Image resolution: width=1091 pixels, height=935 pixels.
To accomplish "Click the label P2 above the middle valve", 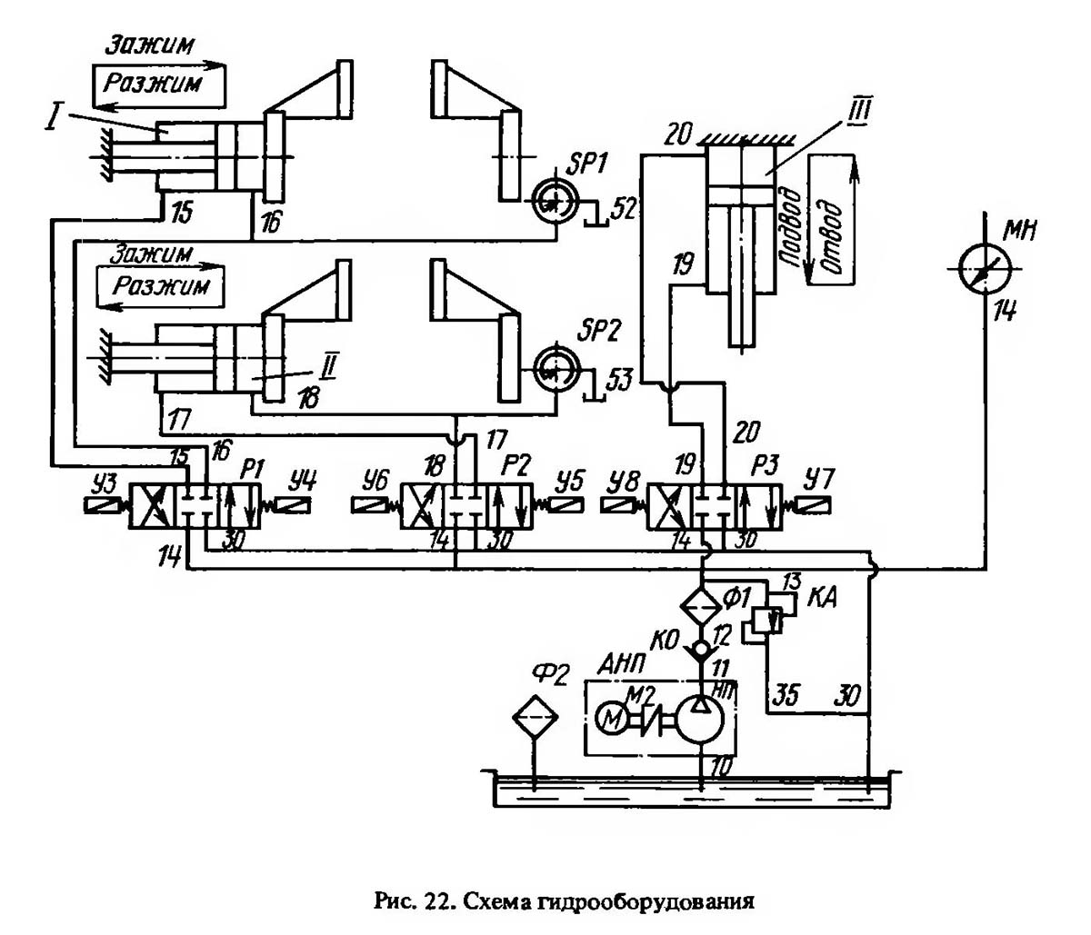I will (518, 465).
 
